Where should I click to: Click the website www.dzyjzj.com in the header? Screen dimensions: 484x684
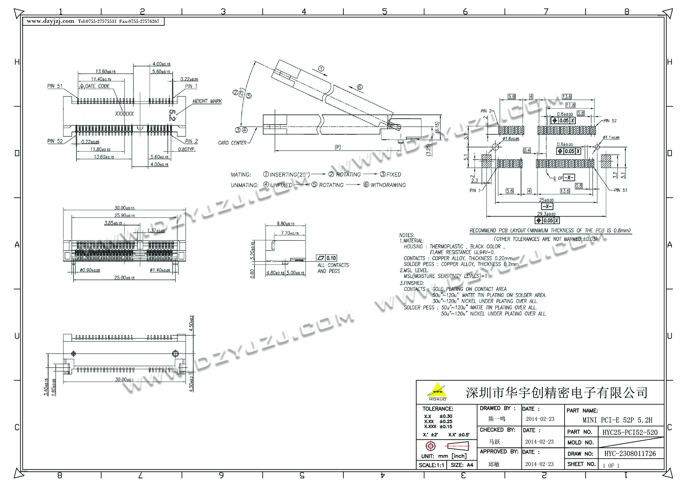click(50, 21)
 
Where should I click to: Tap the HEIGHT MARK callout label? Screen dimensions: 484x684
click(207, 101)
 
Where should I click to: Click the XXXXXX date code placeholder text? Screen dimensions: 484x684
click(124, 114)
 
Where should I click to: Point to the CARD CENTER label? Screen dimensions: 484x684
click(232, 143)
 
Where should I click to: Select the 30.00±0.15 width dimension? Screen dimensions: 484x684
click(124, 208)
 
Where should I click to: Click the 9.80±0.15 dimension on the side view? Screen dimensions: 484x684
click(285, 224)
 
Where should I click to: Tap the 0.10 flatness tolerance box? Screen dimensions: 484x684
click(331, 258)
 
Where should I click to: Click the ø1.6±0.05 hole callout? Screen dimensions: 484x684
click(511, 139)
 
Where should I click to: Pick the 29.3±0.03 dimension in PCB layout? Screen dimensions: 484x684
click(546, 214)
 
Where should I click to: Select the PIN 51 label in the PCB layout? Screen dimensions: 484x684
click(620, 190)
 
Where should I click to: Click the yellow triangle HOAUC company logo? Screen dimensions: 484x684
click(437, 391)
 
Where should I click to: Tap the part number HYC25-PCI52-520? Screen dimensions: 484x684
click(630, 432)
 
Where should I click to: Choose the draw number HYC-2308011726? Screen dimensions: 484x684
click(630, 454)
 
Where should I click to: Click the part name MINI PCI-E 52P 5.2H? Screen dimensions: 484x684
click(617, 420)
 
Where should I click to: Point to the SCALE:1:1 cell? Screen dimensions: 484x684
click(431, 465)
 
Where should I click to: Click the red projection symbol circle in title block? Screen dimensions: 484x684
click(430, 446)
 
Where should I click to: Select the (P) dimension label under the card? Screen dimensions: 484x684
click(338, 147)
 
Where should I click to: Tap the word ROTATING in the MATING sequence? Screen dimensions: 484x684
click(348, 175)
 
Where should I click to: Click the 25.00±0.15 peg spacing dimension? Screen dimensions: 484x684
click(124, 278)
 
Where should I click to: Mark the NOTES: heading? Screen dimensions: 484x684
click(407, 235)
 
